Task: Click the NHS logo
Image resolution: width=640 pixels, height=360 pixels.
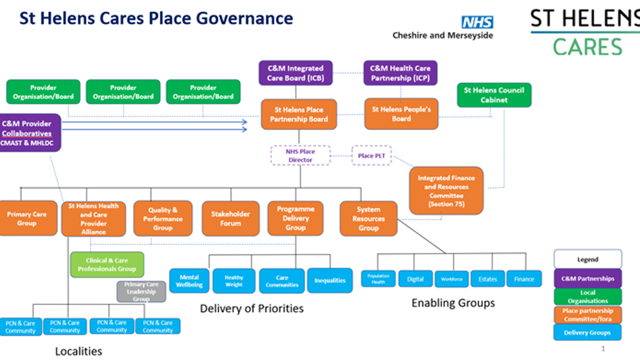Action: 477,22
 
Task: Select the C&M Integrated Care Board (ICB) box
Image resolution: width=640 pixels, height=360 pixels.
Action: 295,73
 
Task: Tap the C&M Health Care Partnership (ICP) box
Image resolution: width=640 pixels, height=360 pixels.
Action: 401,73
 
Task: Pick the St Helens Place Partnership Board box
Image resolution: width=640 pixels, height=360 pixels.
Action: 299,114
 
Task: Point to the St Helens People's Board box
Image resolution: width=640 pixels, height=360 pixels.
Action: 401,114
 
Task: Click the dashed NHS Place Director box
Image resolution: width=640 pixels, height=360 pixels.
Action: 300,155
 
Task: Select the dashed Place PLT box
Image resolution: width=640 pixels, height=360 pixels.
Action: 371,155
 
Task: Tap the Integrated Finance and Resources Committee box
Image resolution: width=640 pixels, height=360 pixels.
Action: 447,190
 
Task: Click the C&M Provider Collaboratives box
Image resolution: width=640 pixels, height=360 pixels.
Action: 31,133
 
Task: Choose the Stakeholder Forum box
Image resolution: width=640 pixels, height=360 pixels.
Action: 231,219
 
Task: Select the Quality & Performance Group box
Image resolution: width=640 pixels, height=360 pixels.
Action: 163,219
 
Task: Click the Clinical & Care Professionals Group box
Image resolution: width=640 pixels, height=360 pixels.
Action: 107,264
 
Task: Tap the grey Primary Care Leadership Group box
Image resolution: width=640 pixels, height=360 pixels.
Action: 141,292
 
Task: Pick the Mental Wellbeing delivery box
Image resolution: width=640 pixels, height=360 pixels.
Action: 190,281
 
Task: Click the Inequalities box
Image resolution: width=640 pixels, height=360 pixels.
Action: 330,281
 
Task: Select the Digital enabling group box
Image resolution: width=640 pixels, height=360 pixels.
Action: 415,279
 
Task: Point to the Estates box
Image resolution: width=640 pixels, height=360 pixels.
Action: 487,279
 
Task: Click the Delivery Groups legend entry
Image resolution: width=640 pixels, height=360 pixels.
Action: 587,332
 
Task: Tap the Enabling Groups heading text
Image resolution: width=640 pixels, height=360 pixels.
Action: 453,303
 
